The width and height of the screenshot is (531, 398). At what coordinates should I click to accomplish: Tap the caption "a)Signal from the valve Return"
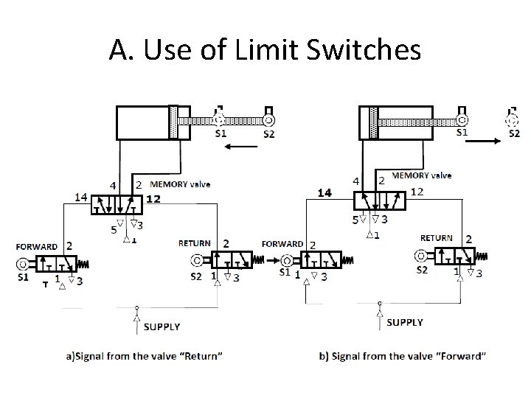click(145, 357)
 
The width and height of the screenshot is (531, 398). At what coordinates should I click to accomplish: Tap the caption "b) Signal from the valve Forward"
click(403, 357)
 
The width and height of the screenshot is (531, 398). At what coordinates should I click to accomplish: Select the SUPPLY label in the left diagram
click(162, 326)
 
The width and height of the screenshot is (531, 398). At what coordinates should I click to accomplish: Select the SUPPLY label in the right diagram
click(405, 322)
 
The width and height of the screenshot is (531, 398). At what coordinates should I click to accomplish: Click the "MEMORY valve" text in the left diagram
click(180, 184)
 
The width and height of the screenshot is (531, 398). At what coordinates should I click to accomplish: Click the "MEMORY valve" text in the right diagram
click(422, 175)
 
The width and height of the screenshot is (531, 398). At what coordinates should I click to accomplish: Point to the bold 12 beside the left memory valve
click(153, 199)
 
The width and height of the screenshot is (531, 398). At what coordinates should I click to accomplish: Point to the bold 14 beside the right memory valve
click(325, 192)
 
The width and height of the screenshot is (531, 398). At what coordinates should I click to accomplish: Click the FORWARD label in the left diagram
click(37, 247)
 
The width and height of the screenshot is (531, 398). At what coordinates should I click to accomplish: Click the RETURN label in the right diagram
click(437, 238)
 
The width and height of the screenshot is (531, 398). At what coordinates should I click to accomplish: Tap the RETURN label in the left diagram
click(195, 242)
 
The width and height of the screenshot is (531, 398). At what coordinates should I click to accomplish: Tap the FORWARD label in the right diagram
click(282, 243)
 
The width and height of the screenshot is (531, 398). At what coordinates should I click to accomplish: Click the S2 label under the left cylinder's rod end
click(269, 134)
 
